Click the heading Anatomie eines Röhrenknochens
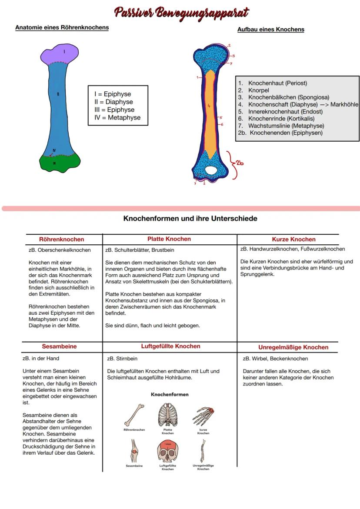click(x=62, y=27)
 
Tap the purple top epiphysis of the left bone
click(x=60, y=53)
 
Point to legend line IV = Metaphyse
click(x=117, y=117)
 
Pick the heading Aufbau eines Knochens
click(x=270, y=30)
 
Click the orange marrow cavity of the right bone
click(x=209, y=113)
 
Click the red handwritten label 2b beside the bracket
click(x=240, y=163)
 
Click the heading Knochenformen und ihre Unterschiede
click(x=190, y=218)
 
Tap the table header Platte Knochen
click(x=169, y=239)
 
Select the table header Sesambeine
click(x=59, y=346)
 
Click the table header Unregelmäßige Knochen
click(x=293, y=347)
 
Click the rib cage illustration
click(x=168, y=415)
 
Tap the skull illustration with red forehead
click(x=167, y=452)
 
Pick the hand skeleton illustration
click(x=203, y=415)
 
